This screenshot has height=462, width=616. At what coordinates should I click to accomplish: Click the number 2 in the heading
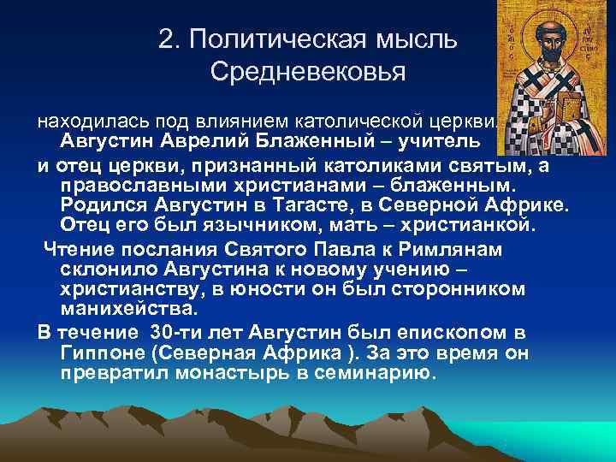point(165,39)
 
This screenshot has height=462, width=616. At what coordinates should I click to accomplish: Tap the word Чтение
point(83,248)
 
